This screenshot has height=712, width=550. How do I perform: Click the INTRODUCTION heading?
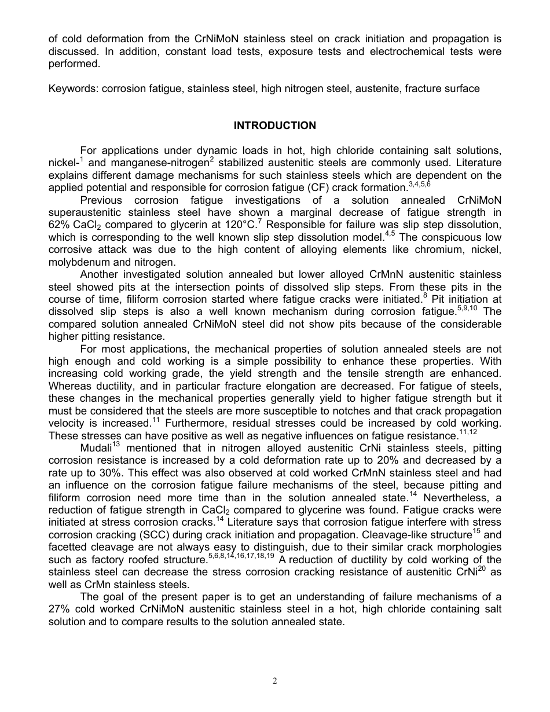[275, 126]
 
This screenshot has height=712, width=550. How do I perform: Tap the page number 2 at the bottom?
[275, 681]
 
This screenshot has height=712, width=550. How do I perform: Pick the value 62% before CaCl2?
[59, 224]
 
